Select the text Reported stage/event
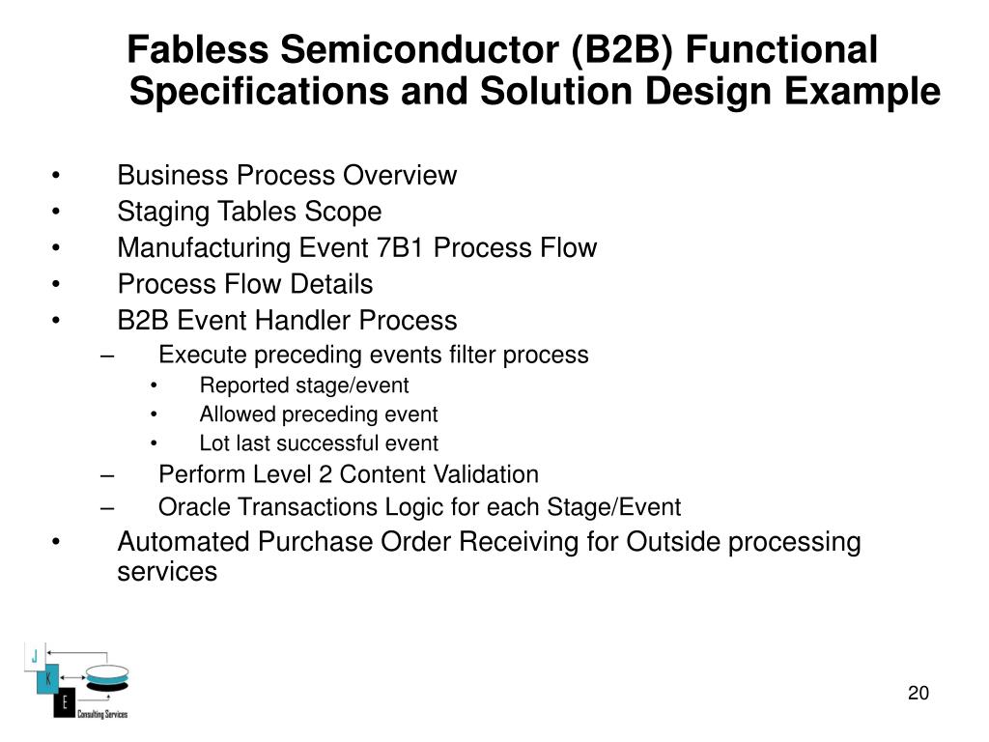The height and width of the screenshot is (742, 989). [x=304, y=385]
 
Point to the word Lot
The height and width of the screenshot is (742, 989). [x=212, y=443]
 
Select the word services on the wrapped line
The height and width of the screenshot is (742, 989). [x=167, y=572]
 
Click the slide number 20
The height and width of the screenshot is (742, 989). [x=918, y=694]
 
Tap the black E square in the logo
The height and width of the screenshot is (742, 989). [x=64, y=703]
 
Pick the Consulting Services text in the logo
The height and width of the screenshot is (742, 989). [x=101, y=715]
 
